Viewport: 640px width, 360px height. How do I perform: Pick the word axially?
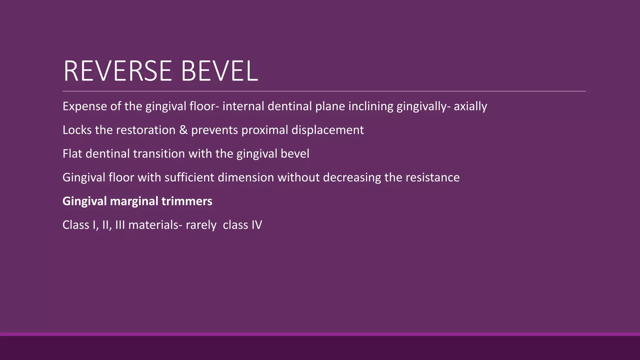coord(470,107)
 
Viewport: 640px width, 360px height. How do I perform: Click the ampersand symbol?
coord(183,130)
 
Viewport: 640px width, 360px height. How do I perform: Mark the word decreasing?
coord(352,177)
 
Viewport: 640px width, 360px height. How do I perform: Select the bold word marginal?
coord(134,201)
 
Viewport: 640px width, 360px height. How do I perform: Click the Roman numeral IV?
coord(257,225)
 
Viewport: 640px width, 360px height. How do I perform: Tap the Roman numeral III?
coord(120,225)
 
